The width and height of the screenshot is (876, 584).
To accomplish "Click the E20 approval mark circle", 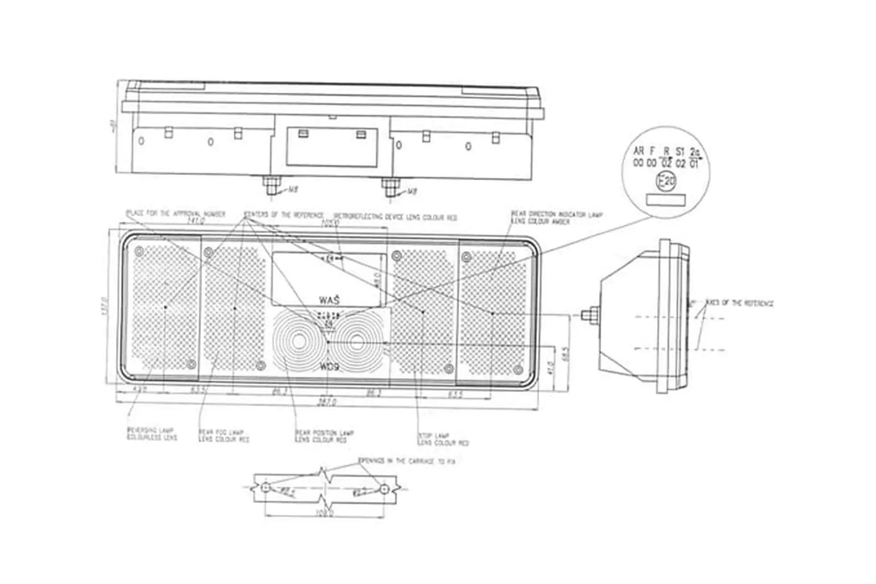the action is (666, 182).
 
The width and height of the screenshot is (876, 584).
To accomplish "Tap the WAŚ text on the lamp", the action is (329, 300).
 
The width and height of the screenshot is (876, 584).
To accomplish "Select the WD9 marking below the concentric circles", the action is (329, 367).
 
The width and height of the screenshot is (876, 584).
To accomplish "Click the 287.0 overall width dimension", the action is (327, 402).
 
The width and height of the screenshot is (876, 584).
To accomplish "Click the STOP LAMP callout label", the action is (443, 439).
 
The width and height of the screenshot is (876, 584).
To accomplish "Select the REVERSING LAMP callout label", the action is (151, 434).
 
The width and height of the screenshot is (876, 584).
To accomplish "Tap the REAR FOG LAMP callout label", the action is (224, 436).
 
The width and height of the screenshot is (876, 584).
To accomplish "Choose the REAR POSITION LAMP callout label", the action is (324, 436).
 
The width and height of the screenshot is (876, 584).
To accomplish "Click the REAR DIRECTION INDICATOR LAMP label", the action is (556, 218).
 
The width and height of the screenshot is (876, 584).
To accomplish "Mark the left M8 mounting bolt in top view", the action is (270, 186).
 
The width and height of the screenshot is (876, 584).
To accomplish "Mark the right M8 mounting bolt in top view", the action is (390, 187).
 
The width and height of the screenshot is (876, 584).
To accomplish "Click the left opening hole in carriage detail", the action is (266, 489).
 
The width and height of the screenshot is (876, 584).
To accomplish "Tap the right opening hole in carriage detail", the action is (385, 489).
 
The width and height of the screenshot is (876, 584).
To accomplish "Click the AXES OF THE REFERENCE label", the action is (739, 303).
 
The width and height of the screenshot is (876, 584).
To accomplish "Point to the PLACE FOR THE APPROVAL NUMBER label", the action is (176, 214).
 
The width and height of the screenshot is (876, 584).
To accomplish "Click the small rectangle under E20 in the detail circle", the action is (666, 199).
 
